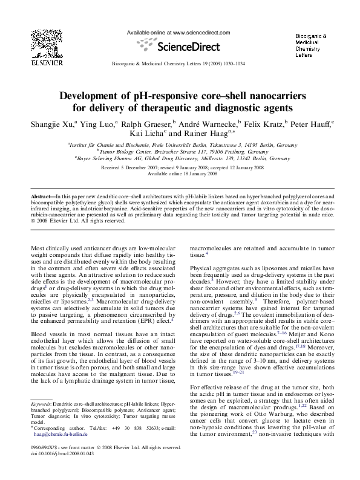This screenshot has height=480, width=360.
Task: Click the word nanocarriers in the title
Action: pyautogui.click(x=272, y=96)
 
